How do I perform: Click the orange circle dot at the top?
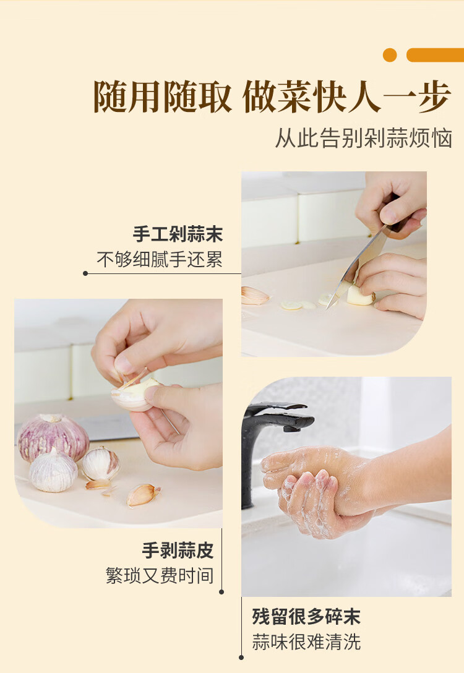(390, 55)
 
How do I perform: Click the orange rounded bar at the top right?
(434, 55)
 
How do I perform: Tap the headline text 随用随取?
(163, 98)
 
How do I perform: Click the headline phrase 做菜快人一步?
(346, 98)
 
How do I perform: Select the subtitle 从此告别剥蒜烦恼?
(364, 139)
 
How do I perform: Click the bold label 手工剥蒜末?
(178, 234)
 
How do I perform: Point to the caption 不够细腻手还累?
(160, 260)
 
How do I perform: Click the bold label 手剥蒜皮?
(178, 550)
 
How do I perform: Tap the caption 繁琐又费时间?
(160, 576)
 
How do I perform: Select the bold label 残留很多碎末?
(306, 616)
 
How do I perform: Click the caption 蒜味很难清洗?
(306, 641)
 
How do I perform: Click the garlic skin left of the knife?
(254, 296)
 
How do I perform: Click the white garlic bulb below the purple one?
(53, 471)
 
